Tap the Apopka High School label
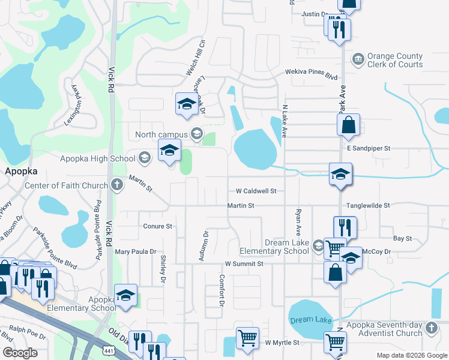pyautogui.click(x=98, y=158)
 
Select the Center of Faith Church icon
pyautogui.click(x=117, y=185)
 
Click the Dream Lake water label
pyautogui.click(x=311, y=320)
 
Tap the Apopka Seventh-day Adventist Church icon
pyautogui.click(x=430, y=328)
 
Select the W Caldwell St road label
pyautogui.click(x=255, y=191)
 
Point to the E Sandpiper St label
pyautogui.click(x=369, y=148)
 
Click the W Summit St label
pyautogui.click(x=244, y=263)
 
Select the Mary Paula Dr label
pyautogui.click(x=136, y=252)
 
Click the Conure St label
pyautogui.click(x=158, y=226)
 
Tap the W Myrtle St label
pyautogui.click(x=282, y=343)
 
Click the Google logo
pyautogui.click(x=20, y=353)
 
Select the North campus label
pyautogui.click(x=161, y=134)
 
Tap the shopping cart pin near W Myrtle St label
pyautogui.click(x=247, y=338)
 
